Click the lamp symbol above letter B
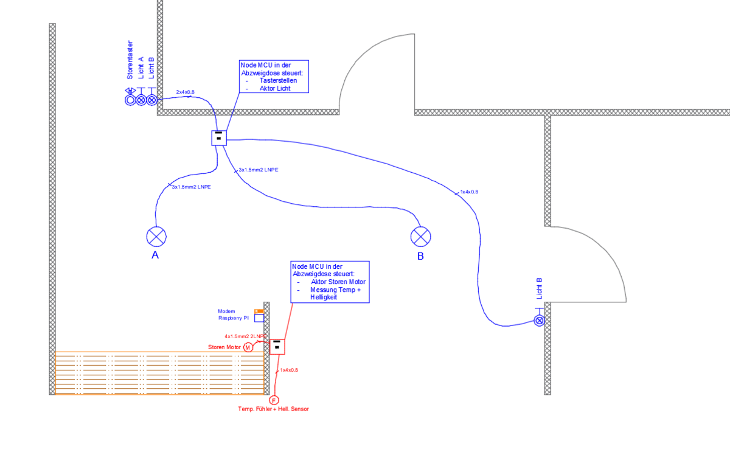(420, 236)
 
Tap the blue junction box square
(219, 138)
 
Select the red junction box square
(277, 346)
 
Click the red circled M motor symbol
(248, 347)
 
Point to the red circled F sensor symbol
(274, 400)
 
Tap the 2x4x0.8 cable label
(186, 92)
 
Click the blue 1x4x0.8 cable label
(469, 192)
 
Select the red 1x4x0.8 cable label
(289, 370)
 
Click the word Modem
(226, 311)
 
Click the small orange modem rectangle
(259, 311)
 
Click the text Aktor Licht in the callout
(275, 88)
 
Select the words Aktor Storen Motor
(338, 282)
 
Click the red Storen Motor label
(225, 347)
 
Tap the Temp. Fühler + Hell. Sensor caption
(273, 409)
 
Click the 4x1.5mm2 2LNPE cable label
(245, 336)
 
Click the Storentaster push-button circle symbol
(130, 99)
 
